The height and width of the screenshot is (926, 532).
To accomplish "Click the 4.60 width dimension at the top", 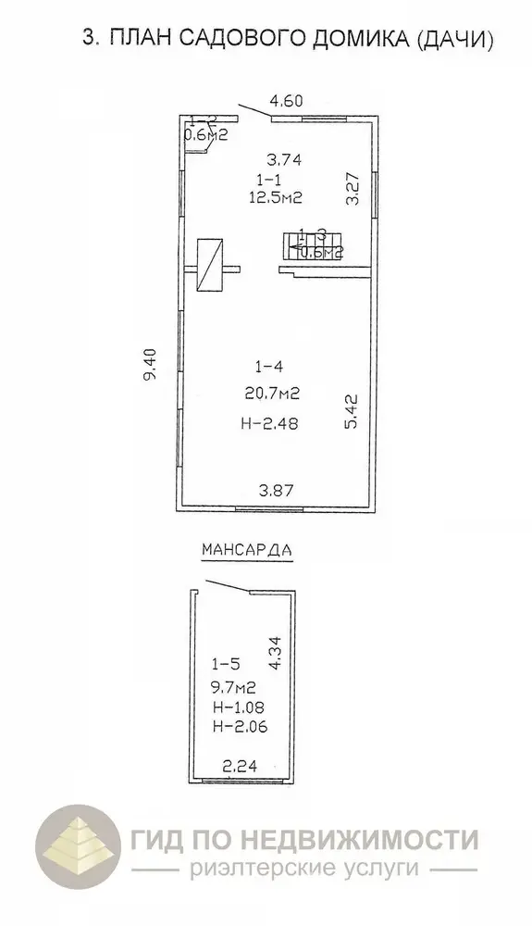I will click(287, 100).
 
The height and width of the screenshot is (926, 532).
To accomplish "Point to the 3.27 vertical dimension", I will click(352, 188).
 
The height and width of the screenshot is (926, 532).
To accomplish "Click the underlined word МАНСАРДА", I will click(246, 548).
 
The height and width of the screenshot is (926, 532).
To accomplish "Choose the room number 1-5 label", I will click(228, 663).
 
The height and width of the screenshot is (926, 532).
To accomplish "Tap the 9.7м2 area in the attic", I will click(233, 687).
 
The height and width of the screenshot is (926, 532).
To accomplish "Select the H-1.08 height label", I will click(237, 707).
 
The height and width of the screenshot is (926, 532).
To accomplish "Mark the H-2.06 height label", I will click(237, 727).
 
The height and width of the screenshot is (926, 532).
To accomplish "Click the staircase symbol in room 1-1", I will click(310, 246).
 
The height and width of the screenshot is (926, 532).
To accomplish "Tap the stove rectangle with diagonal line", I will click(212, 266).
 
